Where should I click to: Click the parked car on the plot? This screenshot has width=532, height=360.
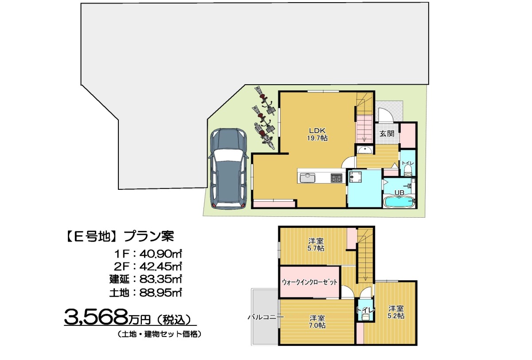click(x=228, y=169)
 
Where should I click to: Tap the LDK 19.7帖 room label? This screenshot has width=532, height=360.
click(x=317, y=134)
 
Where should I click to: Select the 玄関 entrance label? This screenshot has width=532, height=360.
click(x=387, y=133)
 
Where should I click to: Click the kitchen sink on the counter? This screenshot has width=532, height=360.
click(x=307, y=178)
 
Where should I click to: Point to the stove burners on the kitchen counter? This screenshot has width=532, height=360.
click(x=336, y=178)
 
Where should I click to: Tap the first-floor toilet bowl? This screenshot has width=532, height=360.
click(x=408, y=171)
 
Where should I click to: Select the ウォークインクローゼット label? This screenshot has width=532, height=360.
click(x=310, y=282)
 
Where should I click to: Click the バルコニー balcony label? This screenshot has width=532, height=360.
click(x=266, y=317)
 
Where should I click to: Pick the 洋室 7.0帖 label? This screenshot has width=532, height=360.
click(x=317, y=321)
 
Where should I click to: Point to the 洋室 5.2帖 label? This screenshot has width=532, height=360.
click(x=396, y=312)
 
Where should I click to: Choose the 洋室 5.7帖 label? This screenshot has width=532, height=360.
click(x=316, y=245)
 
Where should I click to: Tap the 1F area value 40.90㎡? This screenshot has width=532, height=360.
click(x=160, y=254)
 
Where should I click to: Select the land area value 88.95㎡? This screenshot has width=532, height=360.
click(x=160, y=293)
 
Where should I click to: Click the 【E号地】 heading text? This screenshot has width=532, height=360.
click(x=91, y=236)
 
